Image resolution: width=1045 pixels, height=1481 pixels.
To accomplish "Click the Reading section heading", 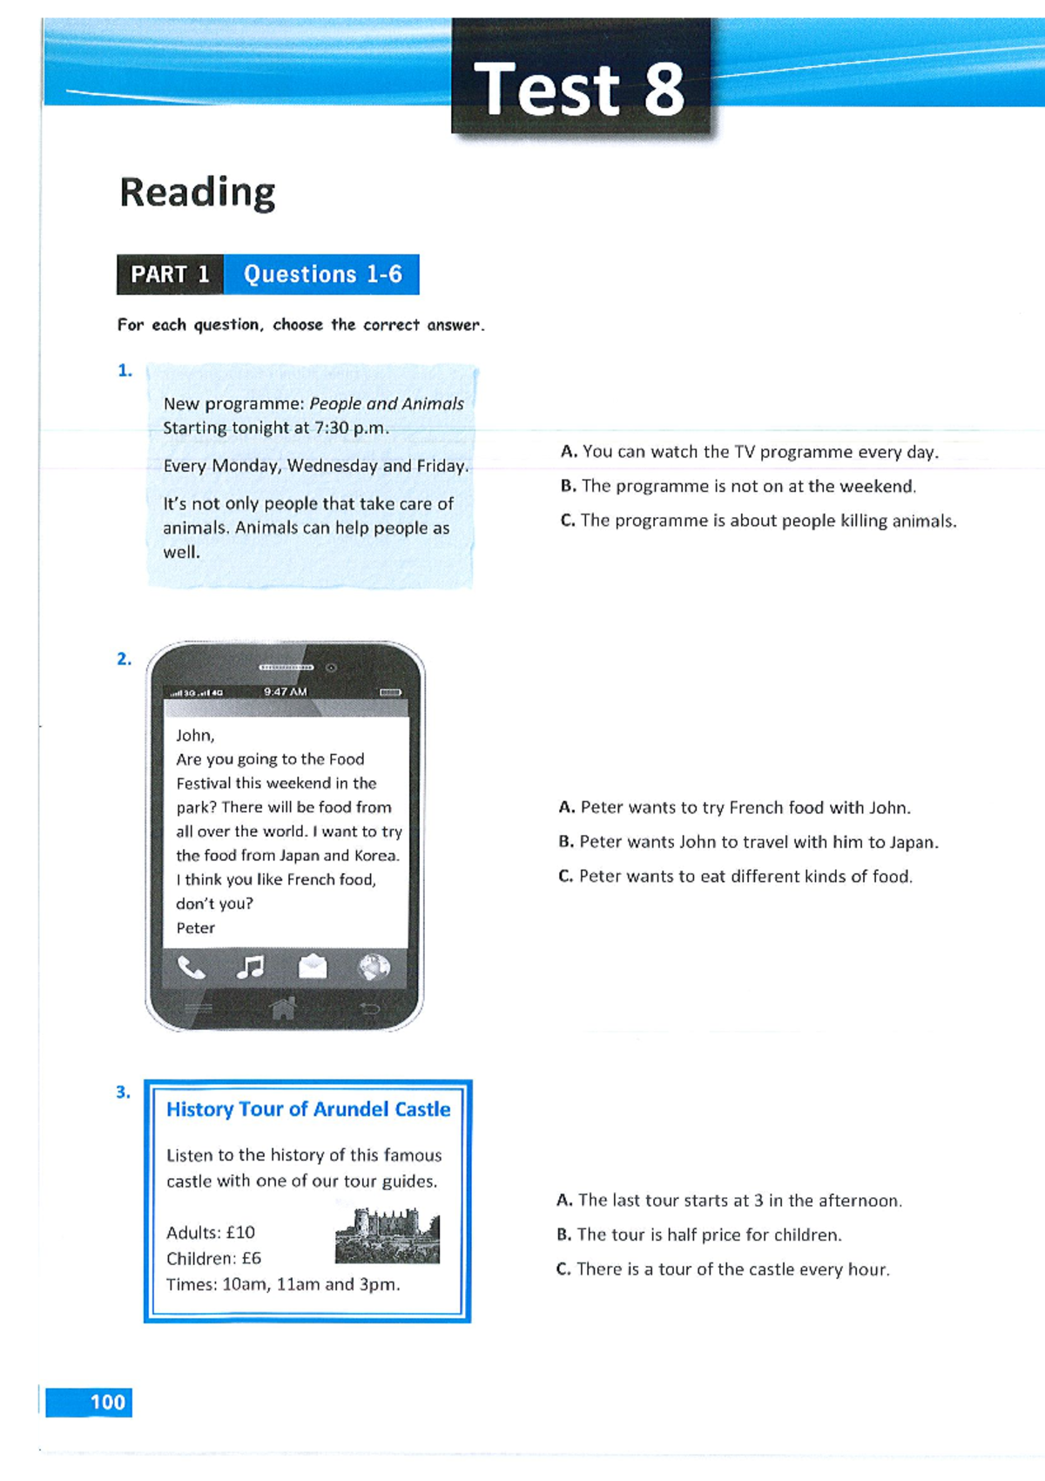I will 198,192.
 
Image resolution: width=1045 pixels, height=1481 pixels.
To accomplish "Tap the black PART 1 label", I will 170,274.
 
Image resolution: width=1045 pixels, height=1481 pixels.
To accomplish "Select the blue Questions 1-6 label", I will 322,274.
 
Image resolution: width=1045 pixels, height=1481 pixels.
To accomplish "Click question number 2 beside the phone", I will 125,659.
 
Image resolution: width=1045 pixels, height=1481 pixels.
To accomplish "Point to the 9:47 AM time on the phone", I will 286,692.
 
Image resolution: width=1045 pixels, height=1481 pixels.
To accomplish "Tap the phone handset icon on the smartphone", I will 191,967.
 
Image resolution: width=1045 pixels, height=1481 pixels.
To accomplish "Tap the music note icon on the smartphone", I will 251,967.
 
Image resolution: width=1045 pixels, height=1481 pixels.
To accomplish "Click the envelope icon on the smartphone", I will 313,966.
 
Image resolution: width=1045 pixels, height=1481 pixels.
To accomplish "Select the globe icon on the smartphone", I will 374,966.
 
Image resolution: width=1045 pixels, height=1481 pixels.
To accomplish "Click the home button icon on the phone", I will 283,1008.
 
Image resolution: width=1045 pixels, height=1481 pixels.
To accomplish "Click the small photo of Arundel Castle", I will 388,1235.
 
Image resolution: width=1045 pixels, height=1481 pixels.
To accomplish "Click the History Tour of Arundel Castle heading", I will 308,1109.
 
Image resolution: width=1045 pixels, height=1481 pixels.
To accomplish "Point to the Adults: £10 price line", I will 211,1233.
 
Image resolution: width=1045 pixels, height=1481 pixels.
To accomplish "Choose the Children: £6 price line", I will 213,1259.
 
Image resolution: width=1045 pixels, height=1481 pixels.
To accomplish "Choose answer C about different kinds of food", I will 736,877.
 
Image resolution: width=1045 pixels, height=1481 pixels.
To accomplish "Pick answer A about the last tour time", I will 730,1201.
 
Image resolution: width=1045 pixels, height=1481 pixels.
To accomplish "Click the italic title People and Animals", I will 387,404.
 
